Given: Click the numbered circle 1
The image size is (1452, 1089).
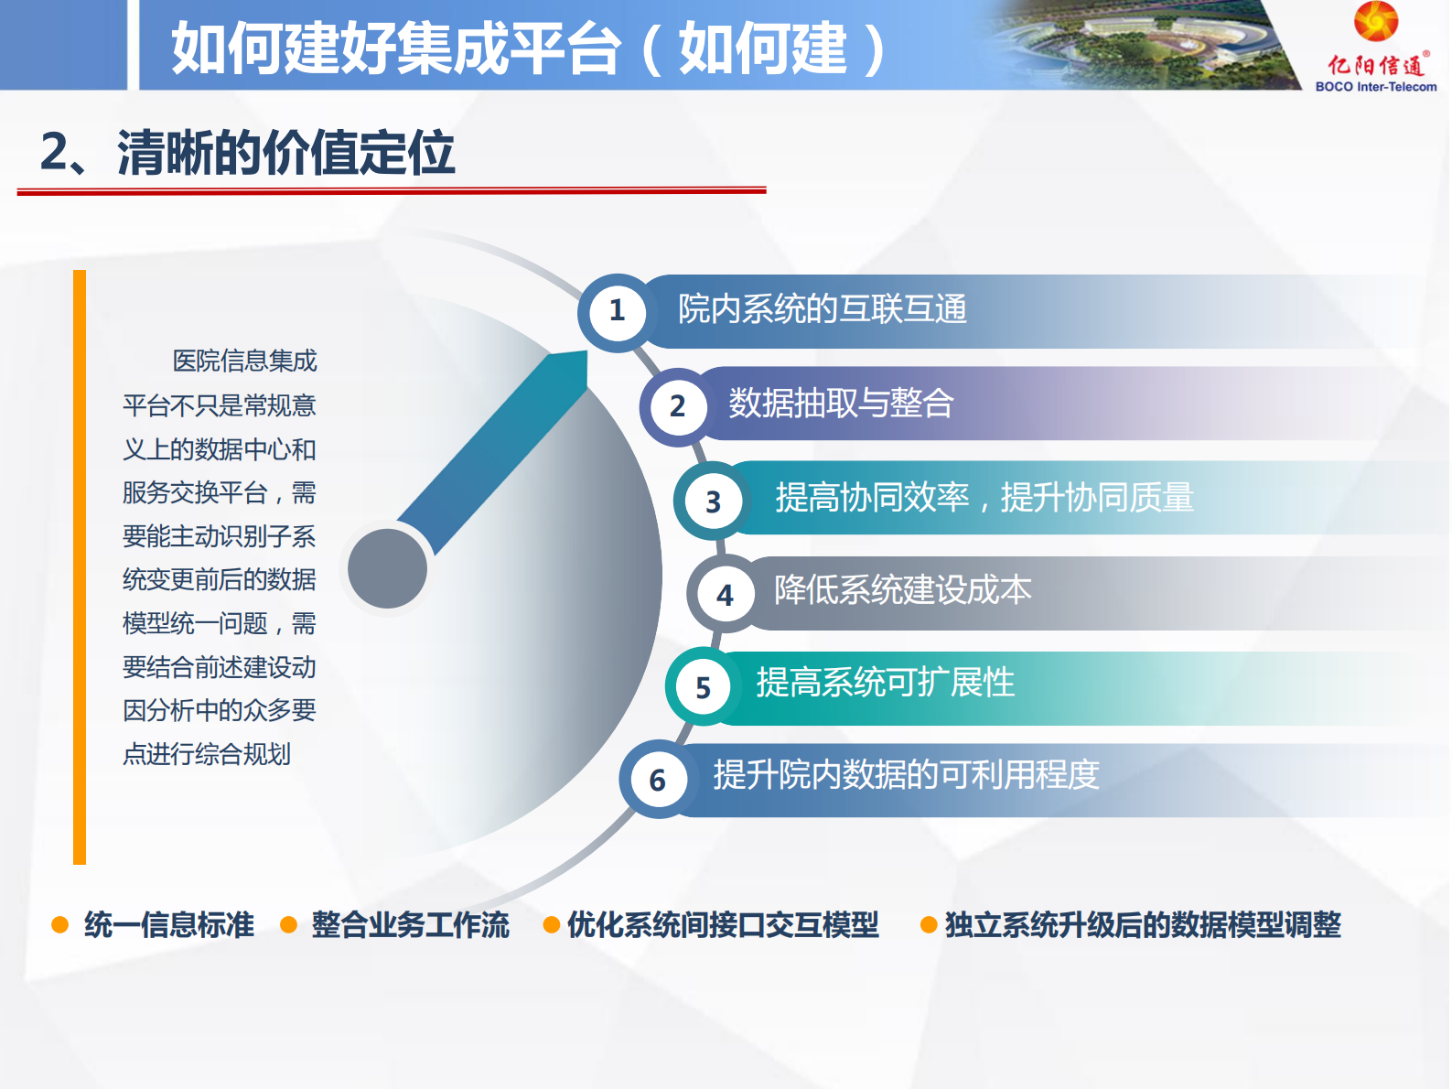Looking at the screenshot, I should click(x=618, y=311).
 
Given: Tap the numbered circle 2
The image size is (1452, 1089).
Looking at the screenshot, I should click(x=677, y=406).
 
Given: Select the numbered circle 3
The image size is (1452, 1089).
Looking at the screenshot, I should click(x=713, y=501).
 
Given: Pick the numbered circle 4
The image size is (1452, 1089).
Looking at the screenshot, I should click(x=725, y=596).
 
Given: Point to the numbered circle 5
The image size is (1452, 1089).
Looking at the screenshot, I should click(x=703, y=688).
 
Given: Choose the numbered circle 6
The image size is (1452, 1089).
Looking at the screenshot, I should click(x=657, y=781).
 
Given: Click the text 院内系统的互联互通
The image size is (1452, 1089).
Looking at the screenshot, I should click(x=822, y=309).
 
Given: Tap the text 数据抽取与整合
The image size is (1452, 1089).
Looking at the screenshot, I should click(x=841, y=404).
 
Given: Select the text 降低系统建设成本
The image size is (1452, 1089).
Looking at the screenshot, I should click(x=902, y=590).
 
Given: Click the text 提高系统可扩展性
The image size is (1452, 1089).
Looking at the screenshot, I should click(x=885, y=683).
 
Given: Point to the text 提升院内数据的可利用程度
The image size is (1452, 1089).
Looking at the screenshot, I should click(x=906, y=775).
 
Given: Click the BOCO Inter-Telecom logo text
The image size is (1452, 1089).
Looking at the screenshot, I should click(x=1375, y=87).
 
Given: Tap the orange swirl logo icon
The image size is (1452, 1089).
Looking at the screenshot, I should click(x=1376, y=22).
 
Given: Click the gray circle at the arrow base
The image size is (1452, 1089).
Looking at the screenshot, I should click(x=388, y=568).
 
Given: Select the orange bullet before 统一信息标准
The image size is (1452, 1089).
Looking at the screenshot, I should click(x=60, y=925).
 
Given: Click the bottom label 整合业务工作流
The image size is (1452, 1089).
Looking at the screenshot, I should click(x=410, y=925).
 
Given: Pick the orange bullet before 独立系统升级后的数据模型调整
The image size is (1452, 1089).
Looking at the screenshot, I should click(x=928, y=925).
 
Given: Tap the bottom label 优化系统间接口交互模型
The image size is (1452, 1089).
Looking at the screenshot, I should click(x=723, y=925).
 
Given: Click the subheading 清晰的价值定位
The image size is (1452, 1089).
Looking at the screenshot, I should click(x=285, y=153).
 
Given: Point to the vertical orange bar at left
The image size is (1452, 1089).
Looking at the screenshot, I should click(x=80, y=567).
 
